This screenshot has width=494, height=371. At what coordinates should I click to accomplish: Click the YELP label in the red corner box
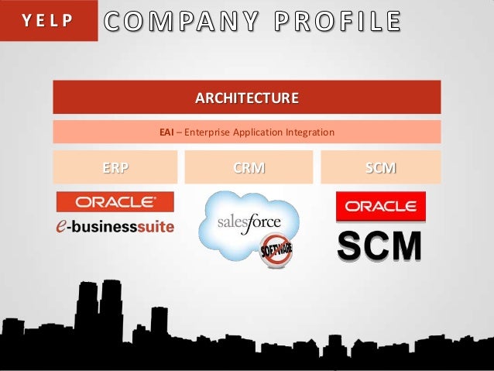tap(48, 21)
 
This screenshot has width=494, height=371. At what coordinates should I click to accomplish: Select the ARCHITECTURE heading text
tap(246, 98)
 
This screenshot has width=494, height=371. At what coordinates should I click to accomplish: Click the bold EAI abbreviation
tap(166, 132)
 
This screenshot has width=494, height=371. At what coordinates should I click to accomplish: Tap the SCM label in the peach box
tap(380, 167)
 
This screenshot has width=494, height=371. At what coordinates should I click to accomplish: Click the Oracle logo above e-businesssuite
tap(115, 202)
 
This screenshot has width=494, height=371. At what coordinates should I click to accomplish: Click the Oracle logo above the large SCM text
tap(380, 207)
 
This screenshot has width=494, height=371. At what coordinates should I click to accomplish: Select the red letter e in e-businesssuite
tap(65, 225)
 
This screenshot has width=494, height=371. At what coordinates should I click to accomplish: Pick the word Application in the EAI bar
tap(260, 132)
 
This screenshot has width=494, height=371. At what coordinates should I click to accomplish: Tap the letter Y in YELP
tap(26, 21)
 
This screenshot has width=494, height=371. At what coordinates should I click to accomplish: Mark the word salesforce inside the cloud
tap(248, 224)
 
